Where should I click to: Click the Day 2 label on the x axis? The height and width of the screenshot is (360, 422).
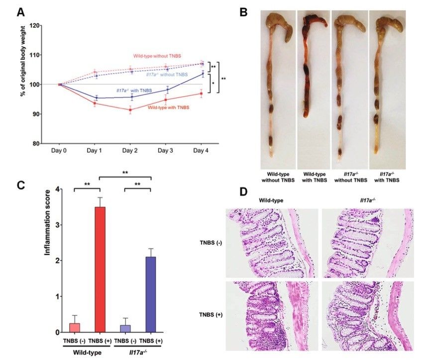[129, 150]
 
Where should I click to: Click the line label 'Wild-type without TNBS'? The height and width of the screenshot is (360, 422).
[159, 56]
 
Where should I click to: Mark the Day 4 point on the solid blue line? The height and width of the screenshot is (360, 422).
[203, 74]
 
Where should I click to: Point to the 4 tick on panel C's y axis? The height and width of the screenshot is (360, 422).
[58, 189]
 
